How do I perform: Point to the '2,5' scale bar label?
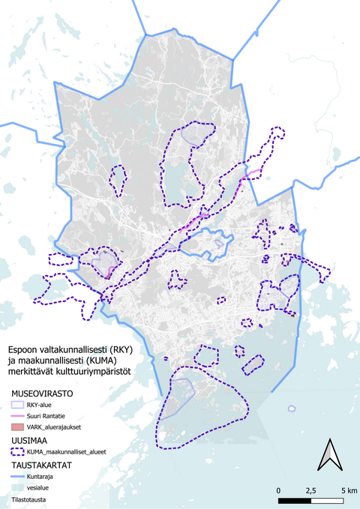(309, 490)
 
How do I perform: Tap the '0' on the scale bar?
(279, 490)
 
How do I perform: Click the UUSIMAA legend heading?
(29, 441)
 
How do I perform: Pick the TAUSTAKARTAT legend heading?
(42, 465)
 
